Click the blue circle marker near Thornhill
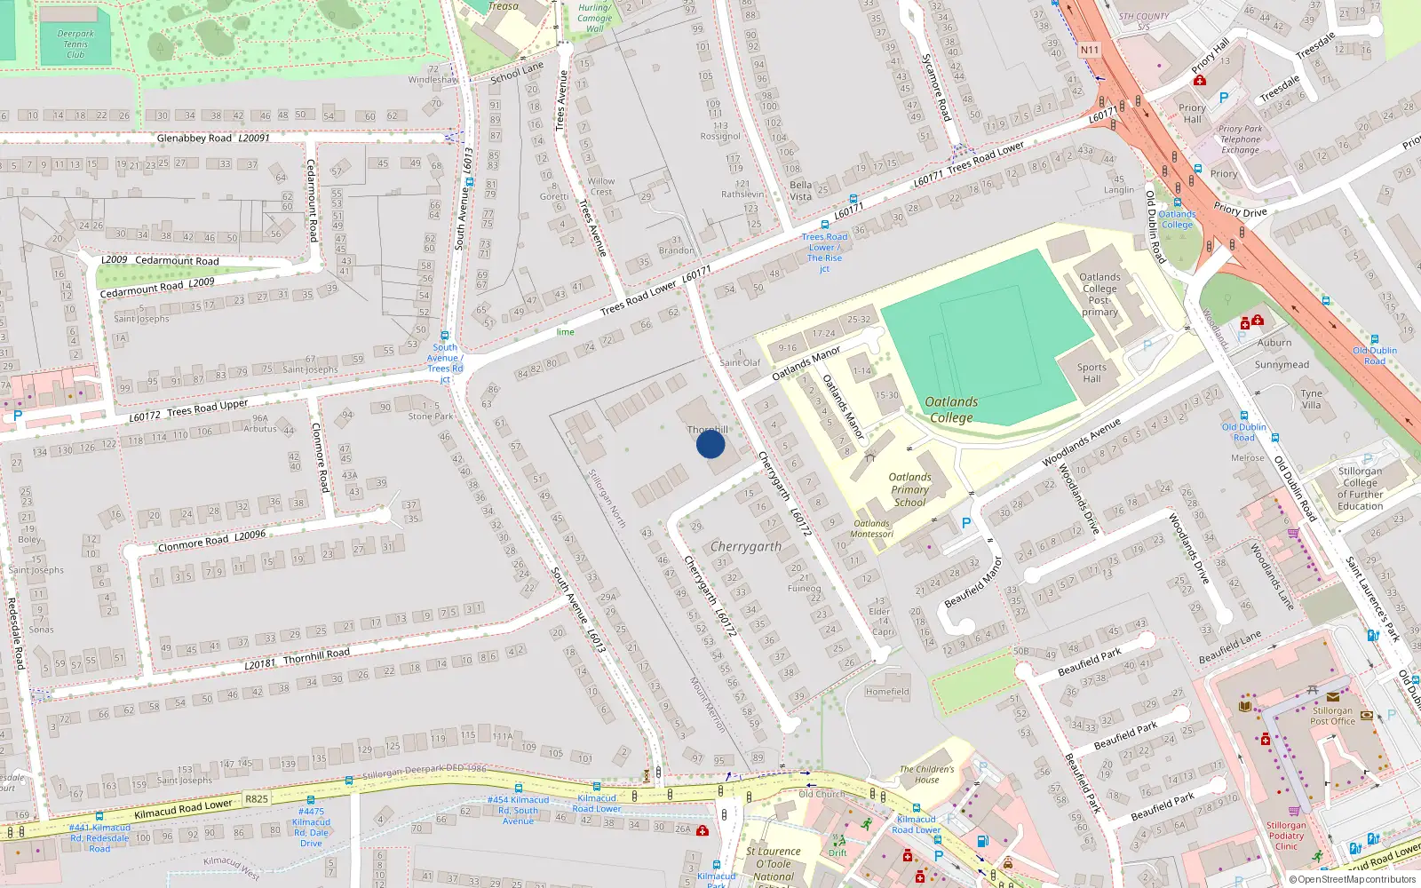pos(710,443)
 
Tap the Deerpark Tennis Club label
pos(75,44)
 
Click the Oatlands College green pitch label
pos(951,409)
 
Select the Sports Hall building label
pos(1092,373)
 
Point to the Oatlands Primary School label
pos(909,489)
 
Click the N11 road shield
pos(1090,50)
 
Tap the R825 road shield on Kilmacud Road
pos(257,798)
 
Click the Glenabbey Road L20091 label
pos(213,139)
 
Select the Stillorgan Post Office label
pos(1332,716)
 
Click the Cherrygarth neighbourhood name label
pos(746,547)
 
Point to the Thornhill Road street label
pos(316,655)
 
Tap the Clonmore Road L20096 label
pos(211,541)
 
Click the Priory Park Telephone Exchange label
pos(1240,139)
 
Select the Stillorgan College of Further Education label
pos(1360,488)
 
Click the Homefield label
pos(886,692)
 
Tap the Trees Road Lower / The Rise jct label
pos(824,252)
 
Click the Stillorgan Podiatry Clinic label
pos(1286,836)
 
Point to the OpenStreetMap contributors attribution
pos(1352,879)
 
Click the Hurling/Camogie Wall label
pos(594,18)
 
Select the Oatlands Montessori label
pos(871,528)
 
